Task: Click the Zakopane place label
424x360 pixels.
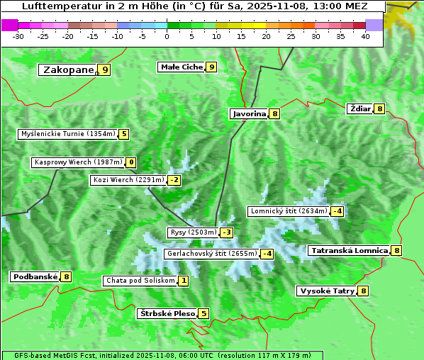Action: tap(68, 69)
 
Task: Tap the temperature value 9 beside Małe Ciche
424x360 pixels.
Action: tap(211, 67)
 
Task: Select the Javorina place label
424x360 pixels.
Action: tap(249, 113)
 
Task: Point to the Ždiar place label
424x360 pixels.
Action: tap(359, 108)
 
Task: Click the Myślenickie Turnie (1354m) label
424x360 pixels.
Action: tap(68, 133)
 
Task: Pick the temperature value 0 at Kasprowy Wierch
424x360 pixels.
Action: tap(131, 162)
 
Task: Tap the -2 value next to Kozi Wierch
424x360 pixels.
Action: tap(174, 180)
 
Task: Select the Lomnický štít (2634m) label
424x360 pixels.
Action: tap(289, 210)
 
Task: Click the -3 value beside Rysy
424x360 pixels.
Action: tap(226, 232)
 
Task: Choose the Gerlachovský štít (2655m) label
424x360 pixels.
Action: tap(211, 254)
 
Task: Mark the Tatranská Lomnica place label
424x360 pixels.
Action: tap(348, 250)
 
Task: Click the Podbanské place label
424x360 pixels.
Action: tap(34, 276)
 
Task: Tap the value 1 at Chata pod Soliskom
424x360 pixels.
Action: tap(183, 281)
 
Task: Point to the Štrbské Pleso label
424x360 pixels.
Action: tap(167, 313)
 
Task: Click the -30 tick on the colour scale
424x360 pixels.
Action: tap(18, 36)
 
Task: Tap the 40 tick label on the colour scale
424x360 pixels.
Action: tap(364, 36)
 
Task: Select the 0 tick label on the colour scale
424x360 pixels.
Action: tap(167, 36)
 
